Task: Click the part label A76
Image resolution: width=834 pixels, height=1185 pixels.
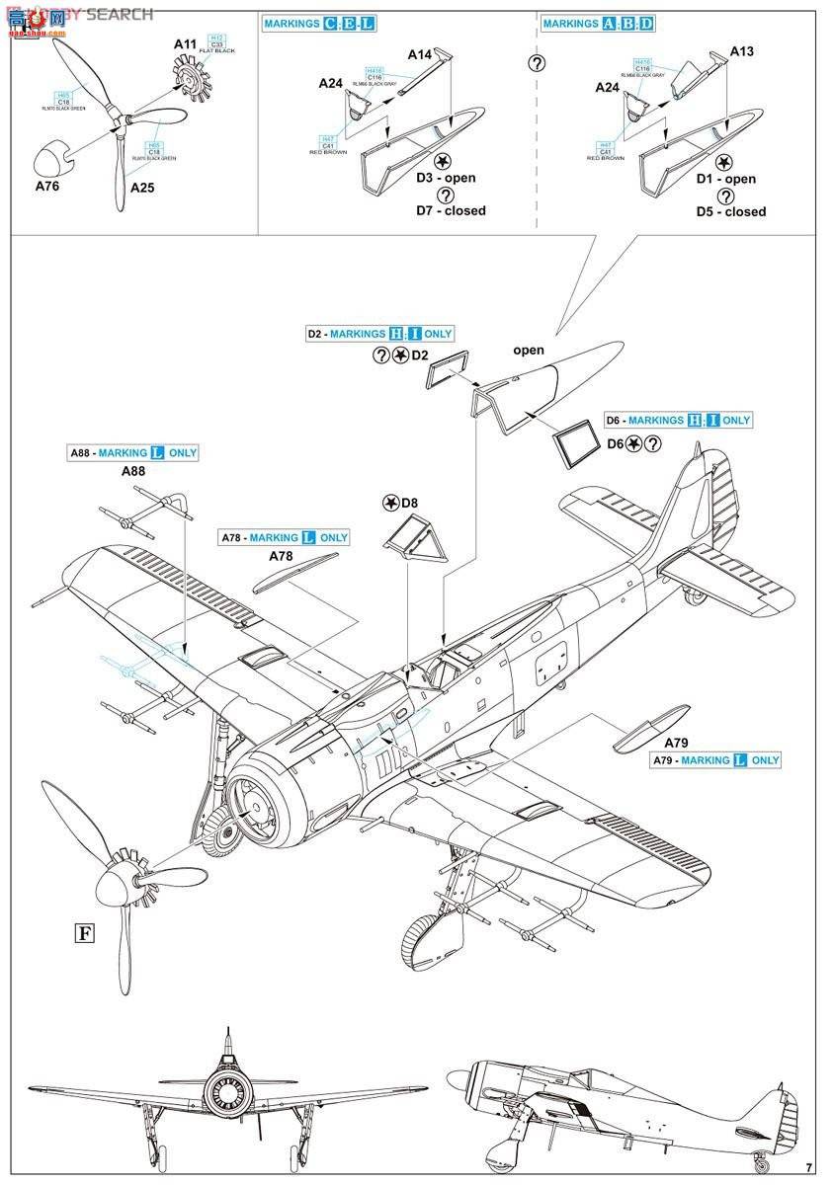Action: click(46, 186)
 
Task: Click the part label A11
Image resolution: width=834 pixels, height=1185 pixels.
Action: click(185, 44)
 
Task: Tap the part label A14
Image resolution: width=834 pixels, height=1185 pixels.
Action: click(420, 55)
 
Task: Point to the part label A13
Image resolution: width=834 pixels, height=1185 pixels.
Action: click(741, 51)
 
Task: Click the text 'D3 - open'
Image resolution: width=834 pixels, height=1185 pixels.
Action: click(445, 178)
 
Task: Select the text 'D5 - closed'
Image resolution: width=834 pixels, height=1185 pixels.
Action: click(730, 211)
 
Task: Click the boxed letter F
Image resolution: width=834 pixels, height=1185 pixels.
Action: click(84, 931)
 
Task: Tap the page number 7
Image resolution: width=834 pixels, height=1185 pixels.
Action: click(808, 1168)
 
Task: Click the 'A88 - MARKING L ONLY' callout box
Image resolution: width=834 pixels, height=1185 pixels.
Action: click(133, 453)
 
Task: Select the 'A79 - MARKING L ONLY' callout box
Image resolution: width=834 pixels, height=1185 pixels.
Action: click(715, 760)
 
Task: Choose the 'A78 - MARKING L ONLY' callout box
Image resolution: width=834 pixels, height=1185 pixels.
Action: click(284, 537)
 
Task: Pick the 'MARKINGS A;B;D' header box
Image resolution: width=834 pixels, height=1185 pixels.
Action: click(598, 23)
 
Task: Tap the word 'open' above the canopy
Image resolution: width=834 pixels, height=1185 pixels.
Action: click(528, 350)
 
